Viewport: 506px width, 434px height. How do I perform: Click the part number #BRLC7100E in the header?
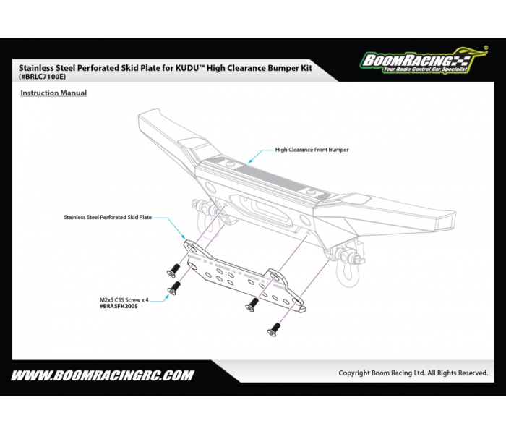[x=42, y=77]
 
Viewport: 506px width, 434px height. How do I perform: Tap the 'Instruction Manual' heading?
[x=53, y=93]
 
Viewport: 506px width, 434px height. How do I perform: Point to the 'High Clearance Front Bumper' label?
[x=312, y=150]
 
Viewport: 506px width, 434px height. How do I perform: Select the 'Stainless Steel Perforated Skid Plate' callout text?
[x=108, y=217]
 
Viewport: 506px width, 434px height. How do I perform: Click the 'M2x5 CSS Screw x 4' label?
[x=124, y=300]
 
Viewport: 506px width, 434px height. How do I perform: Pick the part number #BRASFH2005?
[x=119, y=306]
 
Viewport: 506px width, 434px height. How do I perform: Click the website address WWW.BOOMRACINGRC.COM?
[x=103, y=375]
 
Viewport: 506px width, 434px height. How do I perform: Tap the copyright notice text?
[x=413, y=373]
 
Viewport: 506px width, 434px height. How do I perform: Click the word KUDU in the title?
[x=187, y=68]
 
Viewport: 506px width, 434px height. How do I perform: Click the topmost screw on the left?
[x=173, y=271]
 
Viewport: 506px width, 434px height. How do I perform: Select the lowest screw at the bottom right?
[x=274, y=330]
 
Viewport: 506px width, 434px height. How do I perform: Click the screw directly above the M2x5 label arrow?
[x=173, y=288]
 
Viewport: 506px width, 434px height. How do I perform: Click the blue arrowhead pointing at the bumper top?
[x=249, y=161]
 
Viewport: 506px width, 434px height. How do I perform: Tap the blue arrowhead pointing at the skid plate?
[x=184, y=238]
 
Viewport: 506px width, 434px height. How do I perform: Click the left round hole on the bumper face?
[x=210, y=187]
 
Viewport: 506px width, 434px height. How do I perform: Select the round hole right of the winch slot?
[x=304, y=219]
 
